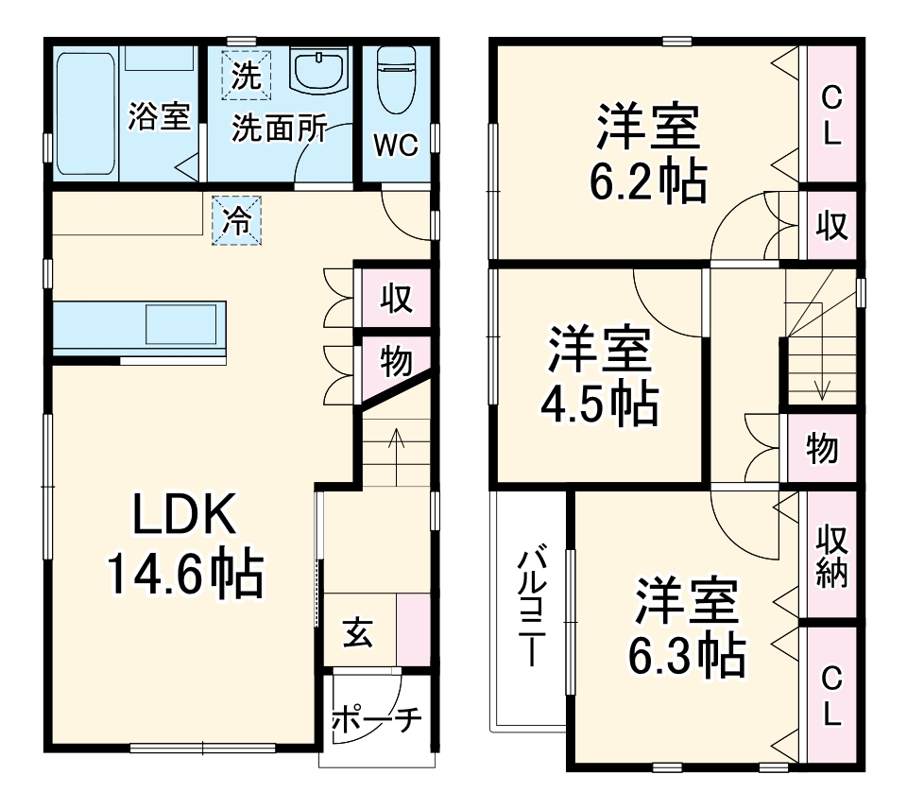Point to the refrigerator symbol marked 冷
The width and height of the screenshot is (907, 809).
pos(236,220)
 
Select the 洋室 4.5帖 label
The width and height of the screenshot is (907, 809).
pos(600,375)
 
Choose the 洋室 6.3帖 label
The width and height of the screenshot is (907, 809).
pos(687,627)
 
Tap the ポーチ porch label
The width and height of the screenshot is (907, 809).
pos(377,719)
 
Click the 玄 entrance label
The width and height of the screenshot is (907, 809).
pos(358,632)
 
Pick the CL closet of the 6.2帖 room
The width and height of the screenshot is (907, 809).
pos(831,114)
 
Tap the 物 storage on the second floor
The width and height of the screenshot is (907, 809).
pos(822,448)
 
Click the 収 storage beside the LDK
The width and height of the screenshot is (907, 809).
pos(396,299)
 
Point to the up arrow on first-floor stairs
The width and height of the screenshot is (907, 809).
pos(396,457)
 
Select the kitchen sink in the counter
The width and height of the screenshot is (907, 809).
pos(180,325)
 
